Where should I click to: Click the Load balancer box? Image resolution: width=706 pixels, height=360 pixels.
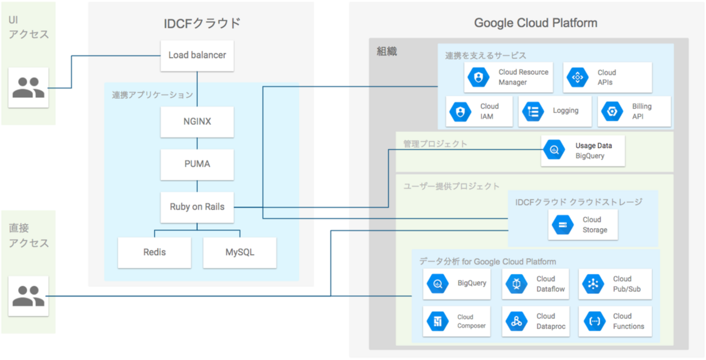(x=197, y=55)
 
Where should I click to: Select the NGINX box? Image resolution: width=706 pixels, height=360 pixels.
(x=197, y=122)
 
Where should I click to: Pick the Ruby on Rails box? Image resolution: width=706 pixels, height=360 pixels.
(x=197, y=207)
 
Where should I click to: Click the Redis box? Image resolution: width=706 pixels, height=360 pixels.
(x=155, y=252)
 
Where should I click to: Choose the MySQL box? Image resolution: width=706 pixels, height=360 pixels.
(x=239, y=252)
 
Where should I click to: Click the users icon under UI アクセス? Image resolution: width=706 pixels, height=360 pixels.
(x=28, y=87)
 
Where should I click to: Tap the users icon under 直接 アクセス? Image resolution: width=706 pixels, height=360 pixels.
(x=28, y=296)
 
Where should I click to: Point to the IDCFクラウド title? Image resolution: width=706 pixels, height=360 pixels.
(x=201, y=23)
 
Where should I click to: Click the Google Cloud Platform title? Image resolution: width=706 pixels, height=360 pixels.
(x=535, y=23)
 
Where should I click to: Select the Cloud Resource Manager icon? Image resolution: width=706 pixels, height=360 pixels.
(x=478, y=78)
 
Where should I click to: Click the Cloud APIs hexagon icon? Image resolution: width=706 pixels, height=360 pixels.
(x=577, y=78)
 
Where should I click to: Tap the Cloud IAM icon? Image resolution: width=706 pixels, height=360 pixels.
(x=460, y=111)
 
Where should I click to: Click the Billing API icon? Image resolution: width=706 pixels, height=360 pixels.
(x=612, y=111)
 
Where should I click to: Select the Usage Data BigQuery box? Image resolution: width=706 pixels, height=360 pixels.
(x=583, y=151)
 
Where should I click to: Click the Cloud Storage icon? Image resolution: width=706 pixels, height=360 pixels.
(x=562, y=225)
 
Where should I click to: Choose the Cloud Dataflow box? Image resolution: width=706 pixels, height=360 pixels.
(x=535, y=284)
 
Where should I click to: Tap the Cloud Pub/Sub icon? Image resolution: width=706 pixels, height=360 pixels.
(x=593, y=284)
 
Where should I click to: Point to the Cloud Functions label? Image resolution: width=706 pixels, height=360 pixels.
(x=628, y=321)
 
